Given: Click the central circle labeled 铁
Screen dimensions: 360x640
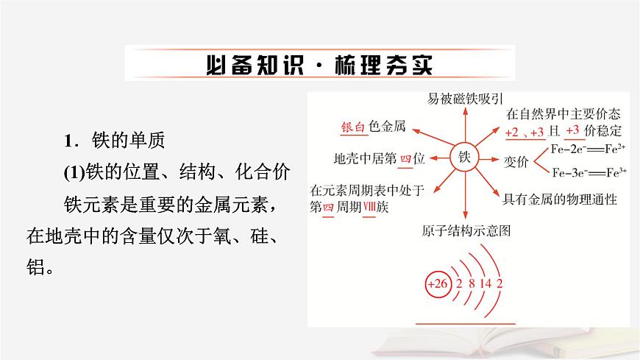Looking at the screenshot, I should click(x=463, y=157).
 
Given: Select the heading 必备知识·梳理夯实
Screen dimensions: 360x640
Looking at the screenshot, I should click(x=319, y=64).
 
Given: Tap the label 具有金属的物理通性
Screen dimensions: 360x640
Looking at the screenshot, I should click(x=559, y=200).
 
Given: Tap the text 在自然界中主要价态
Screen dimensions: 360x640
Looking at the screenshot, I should click(x=563, y=114).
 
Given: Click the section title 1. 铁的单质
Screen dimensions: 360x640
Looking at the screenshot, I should click(x=118, y=139).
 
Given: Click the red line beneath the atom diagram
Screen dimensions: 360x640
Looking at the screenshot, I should click(x=469, y=322).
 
